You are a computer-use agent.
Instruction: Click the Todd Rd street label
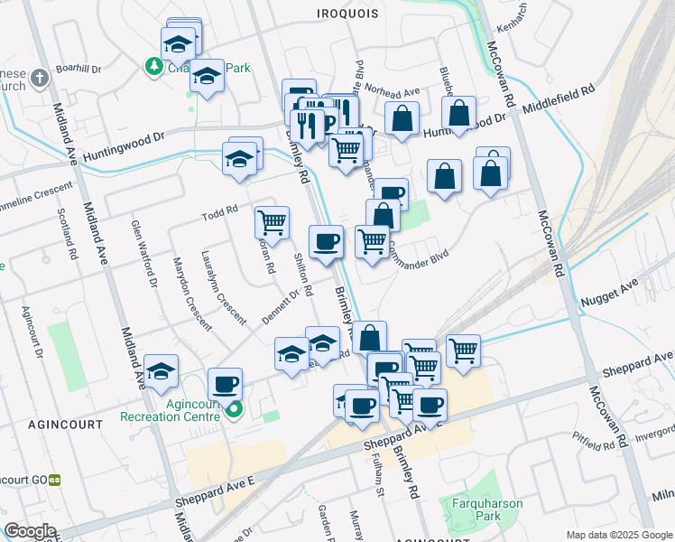[x=219, y=212]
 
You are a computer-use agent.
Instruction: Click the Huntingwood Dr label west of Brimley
[x=125, y=147]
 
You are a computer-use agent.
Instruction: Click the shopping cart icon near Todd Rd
[x=272, y=221]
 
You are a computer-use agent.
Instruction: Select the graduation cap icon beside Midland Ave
[x=162, y=370]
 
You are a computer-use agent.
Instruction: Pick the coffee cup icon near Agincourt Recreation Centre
[x=225, y=385]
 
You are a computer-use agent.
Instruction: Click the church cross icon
[x=39, y=78]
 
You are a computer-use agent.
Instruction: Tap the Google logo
[x=31, y=531]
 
